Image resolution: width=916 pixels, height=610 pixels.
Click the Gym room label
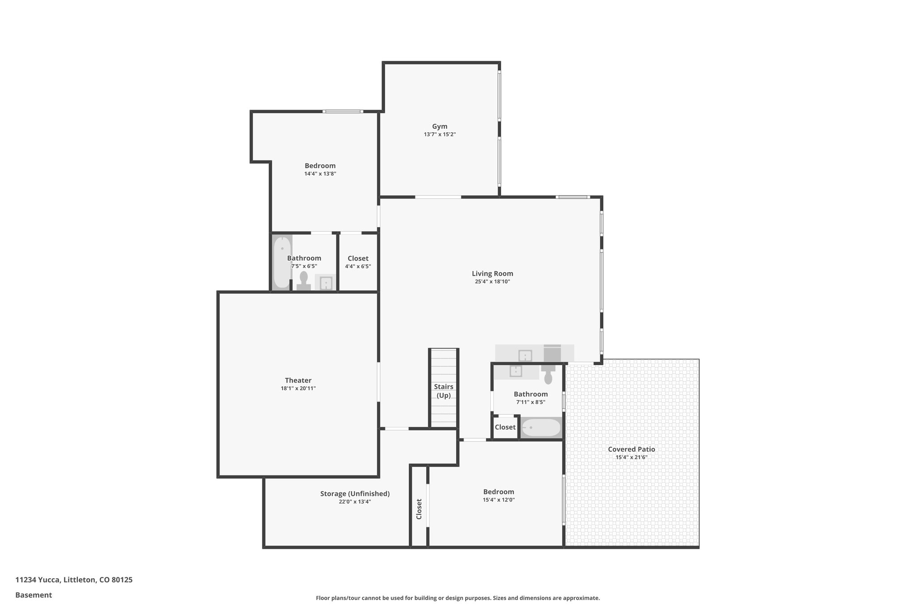(439, 126)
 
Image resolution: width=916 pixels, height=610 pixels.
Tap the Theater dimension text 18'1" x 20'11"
(298, 389)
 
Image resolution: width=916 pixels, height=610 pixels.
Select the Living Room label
(492, 273)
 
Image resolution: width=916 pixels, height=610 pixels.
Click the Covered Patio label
(631, 449)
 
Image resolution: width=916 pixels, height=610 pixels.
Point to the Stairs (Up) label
(443, 391)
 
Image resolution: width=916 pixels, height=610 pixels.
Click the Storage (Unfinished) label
(355, 494)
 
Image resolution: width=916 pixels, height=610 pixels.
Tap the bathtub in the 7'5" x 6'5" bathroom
(282, 262)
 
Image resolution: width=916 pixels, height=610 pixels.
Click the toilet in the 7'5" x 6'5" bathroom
(304, 282)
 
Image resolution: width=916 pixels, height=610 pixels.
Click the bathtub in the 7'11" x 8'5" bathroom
(541, 428)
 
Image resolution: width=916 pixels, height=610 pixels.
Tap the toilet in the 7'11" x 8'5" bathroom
(548, 374)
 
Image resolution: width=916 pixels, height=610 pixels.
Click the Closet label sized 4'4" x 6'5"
(358, 258)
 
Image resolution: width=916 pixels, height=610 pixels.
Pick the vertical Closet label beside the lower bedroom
(419, 509)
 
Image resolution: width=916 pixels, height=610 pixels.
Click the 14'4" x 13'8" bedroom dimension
(320, 174)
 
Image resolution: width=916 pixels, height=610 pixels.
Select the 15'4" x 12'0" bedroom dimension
(498, 500)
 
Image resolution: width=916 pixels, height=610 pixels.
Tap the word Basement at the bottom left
(34, 595)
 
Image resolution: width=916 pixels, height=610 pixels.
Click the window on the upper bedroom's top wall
(343, 111)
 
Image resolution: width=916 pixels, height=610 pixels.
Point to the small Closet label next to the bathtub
(505, 427)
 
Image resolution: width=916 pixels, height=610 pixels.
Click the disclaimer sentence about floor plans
(458, 598)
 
